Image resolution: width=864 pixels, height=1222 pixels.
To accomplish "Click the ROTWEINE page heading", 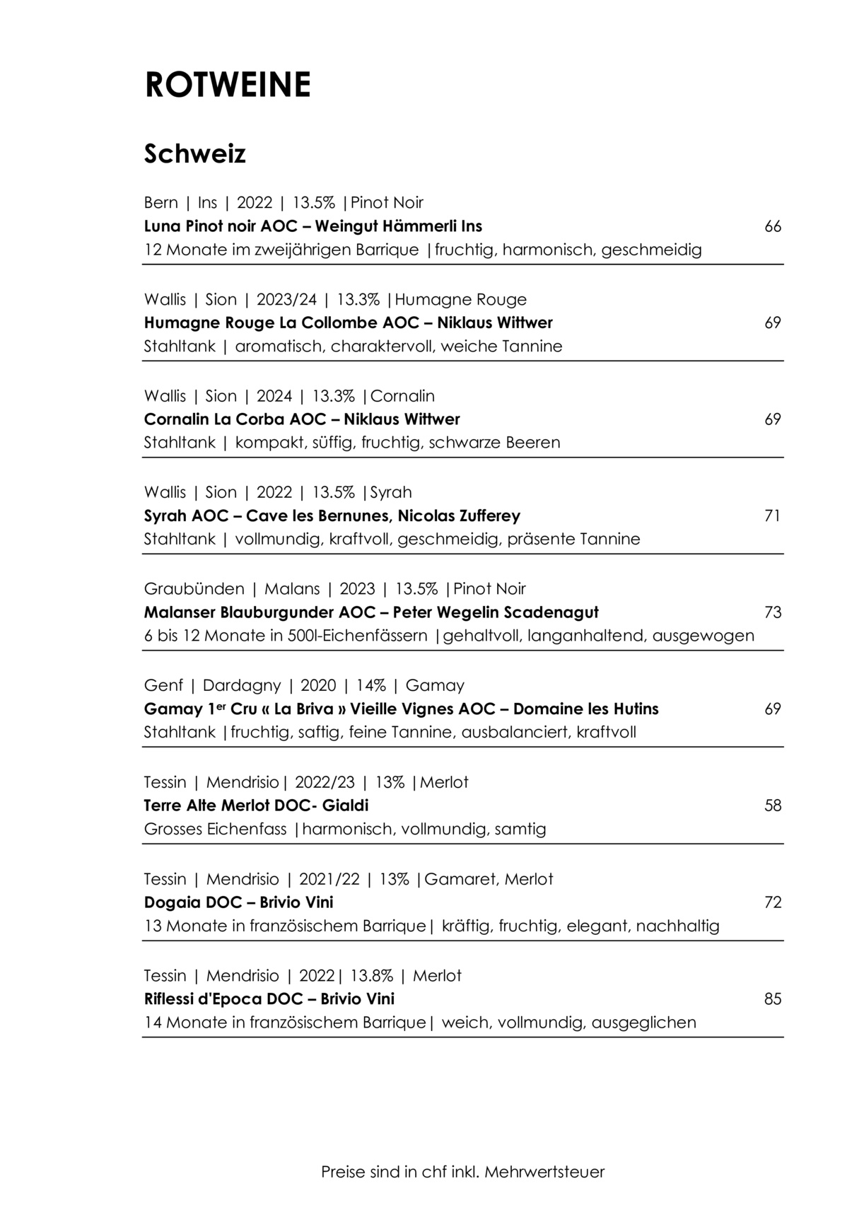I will (x=228, y=85).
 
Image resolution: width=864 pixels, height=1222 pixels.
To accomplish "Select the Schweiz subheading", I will (x=194, y=153).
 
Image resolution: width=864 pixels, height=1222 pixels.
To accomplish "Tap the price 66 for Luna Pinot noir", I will (x=773, y=226).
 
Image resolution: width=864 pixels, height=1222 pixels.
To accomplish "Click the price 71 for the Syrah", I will (x=773, y=516).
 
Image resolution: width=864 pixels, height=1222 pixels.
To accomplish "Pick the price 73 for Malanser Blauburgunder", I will (x=773, y=612).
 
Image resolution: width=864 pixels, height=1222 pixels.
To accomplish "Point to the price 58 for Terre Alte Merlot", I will (x=773, y=805).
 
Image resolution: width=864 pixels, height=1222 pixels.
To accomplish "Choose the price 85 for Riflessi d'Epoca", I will (x=773, y=999).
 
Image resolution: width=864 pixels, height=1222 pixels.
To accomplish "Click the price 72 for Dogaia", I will (x=773, y=902).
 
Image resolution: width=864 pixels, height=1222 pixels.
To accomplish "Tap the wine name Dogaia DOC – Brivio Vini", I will (x=238, y=902).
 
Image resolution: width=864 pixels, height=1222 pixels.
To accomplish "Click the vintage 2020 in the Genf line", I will (x=318, y=685).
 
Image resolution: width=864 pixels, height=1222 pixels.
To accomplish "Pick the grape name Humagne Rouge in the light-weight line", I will (x=460, y=299).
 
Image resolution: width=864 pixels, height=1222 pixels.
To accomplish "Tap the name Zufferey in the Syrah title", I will (x=487, y=516).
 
